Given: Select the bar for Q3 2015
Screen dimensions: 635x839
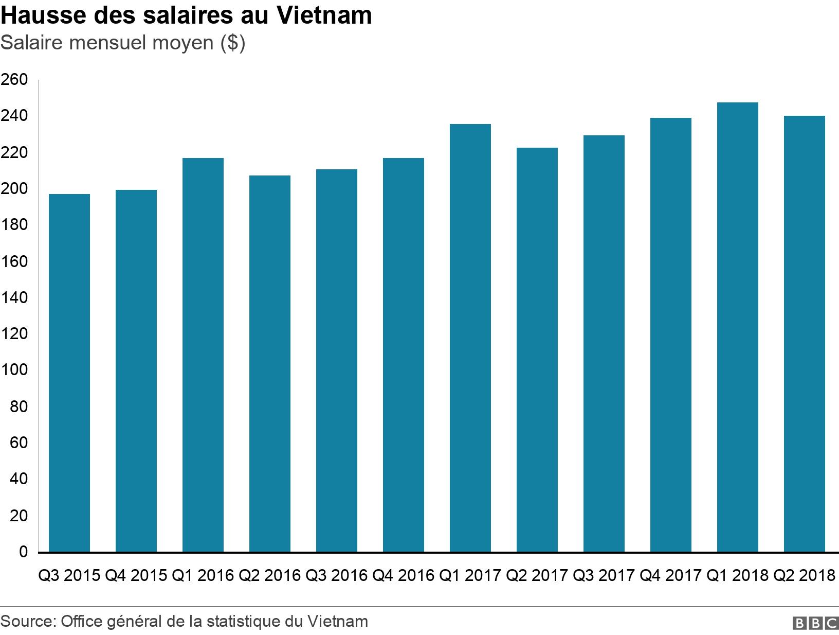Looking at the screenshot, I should click(69, 373).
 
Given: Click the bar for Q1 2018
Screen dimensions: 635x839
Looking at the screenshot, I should click(737, 327).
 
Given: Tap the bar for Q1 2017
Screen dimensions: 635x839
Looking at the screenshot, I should click(470, 338).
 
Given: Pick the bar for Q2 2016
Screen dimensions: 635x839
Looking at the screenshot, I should click(269, 364).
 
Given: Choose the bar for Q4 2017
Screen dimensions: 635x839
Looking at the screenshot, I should click(670, 335).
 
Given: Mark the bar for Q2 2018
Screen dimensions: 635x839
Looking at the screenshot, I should click(804, 334).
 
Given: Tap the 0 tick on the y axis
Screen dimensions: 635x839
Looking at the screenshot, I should click(23, 552).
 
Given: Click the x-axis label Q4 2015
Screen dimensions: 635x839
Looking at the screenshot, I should click(136, 575).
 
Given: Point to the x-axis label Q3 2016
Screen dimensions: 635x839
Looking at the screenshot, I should click(336, 575).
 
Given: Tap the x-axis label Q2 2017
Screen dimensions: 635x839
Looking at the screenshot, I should click(537, 575).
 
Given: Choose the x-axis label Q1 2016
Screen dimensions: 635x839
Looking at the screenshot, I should click(203, 575).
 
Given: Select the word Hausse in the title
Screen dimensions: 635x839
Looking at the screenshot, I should click(43, 15).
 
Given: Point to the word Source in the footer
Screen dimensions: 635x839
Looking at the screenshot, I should click(26, 621).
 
